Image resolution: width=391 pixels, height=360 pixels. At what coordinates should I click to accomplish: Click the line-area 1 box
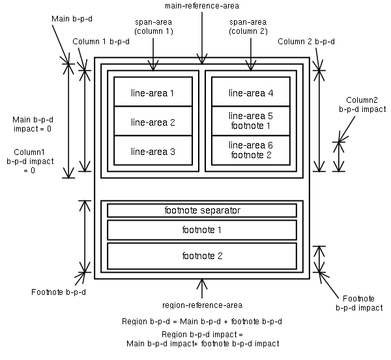pyautogui.click(x=152, y=92)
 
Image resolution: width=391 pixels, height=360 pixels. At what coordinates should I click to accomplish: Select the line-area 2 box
pyautogui.click(x=152, y=122)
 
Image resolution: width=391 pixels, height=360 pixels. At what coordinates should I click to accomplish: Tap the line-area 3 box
pyautogui.click(x=152, y=151)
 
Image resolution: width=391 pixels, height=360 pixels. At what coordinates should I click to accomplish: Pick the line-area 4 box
pyautogui.click(x=251, y=92)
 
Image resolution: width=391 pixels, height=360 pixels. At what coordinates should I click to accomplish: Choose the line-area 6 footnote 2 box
pyautogui.click(x=251, y=149)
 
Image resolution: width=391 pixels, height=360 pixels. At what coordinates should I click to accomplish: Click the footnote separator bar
pyautogui.click(x=202, y=210)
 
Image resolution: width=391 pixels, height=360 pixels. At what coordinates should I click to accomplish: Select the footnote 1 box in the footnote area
pyautogui.click(x=202, y=230)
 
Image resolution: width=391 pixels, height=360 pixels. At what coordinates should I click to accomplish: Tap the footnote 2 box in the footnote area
pyautogui.click(x=202, y=256)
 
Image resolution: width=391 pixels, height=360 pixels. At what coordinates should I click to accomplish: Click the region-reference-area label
pyautogui.click(x=202, y=305)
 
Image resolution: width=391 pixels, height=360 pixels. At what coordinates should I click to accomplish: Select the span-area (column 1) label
pyautogui.click(x=153, y=27)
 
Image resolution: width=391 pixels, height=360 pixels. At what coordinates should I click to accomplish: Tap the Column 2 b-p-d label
pyautogui.click(x=306, y=42)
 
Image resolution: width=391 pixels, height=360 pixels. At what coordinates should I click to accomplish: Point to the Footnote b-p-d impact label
pyautogui.click(x=358, y=301)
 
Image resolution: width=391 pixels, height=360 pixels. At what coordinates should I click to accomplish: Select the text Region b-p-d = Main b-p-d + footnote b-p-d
pyautogui.click(x=201, y=322)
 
